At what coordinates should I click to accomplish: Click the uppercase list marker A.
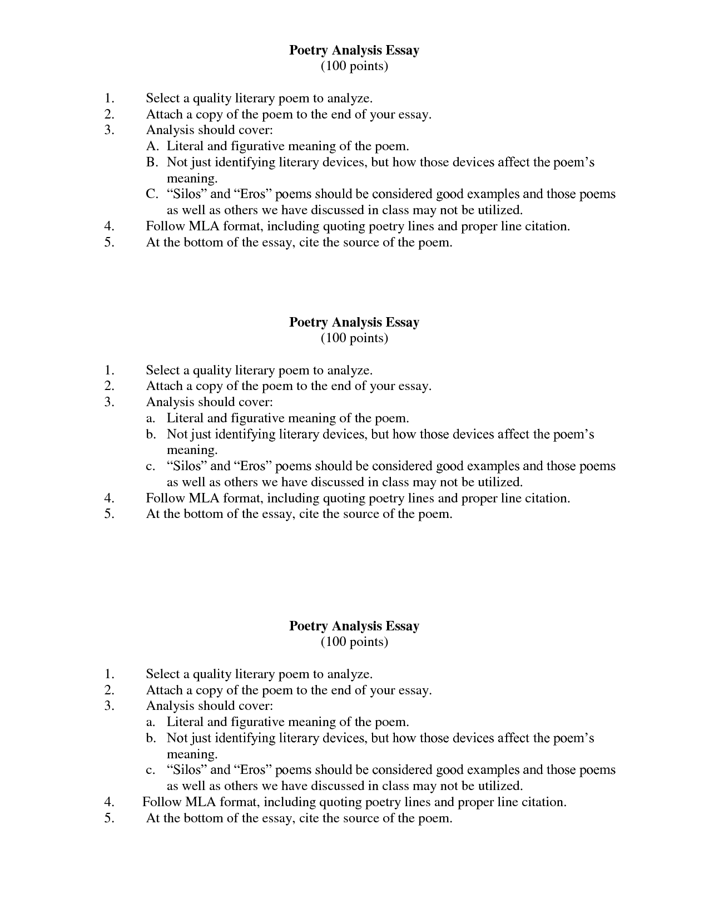coord(152,146)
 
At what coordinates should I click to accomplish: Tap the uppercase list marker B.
coord(152,162)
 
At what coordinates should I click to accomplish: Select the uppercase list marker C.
coord(152,194)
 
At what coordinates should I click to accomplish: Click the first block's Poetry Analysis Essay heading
coord(354,50)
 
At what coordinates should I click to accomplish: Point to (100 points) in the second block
coord(354,338)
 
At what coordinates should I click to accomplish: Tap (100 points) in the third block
coord(354,642)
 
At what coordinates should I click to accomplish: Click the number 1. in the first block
coord(109,98)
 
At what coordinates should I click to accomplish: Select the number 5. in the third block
coord(109,818)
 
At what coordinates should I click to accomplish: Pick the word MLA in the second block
coord(203,499)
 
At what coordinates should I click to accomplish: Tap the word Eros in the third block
coord(255,770)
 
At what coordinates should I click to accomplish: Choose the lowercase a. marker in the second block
coord(151,418)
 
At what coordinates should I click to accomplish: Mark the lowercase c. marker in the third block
coord(151,771)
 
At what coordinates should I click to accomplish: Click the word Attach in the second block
coord(164,386)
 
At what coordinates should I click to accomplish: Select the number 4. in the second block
coord(109,499)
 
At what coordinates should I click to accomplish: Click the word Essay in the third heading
coord(403,626)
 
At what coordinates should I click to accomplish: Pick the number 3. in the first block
coord(109,130)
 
